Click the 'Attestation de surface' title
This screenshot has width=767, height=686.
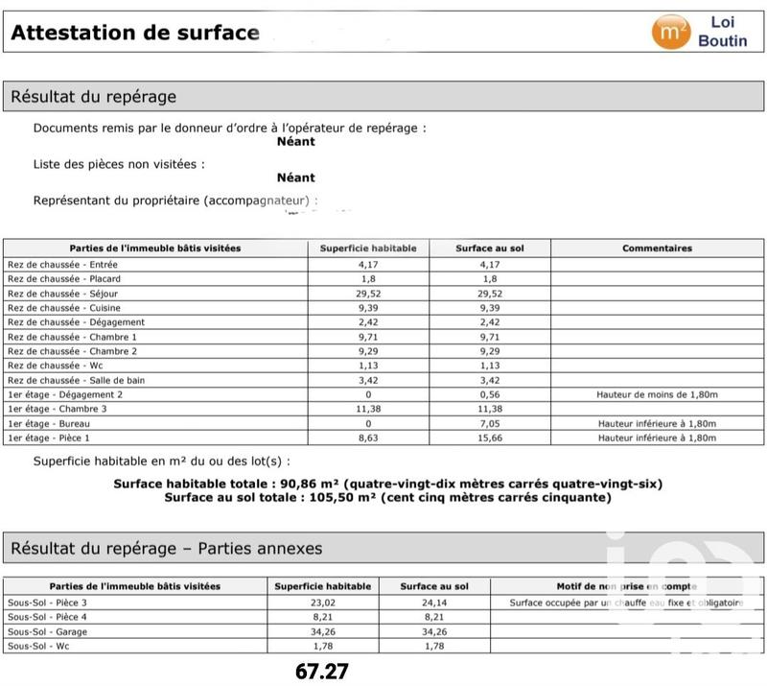point(135,33)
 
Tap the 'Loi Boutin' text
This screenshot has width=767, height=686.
point(722,31)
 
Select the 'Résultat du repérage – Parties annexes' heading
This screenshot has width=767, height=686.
point(167,549)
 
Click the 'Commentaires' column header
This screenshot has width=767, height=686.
point(657,248)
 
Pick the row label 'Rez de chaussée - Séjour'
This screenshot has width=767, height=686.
point(64,293)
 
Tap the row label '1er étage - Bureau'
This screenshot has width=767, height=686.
point(49,423)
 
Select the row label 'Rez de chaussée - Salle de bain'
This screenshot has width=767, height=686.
point(76,380)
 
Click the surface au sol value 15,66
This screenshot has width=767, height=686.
point(489,438)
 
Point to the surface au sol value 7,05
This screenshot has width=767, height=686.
point(489,423)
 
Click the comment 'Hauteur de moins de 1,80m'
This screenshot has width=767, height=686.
point(657,394)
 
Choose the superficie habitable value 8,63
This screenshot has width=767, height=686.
point(368,438)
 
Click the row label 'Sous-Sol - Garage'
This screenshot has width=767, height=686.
point(46,631)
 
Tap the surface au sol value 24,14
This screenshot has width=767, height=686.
point(434,603)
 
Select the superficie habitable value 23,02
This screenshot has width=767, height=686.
point(322,603)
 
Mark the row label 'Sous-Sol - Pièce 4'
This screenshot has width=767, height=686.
point(47,617)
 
